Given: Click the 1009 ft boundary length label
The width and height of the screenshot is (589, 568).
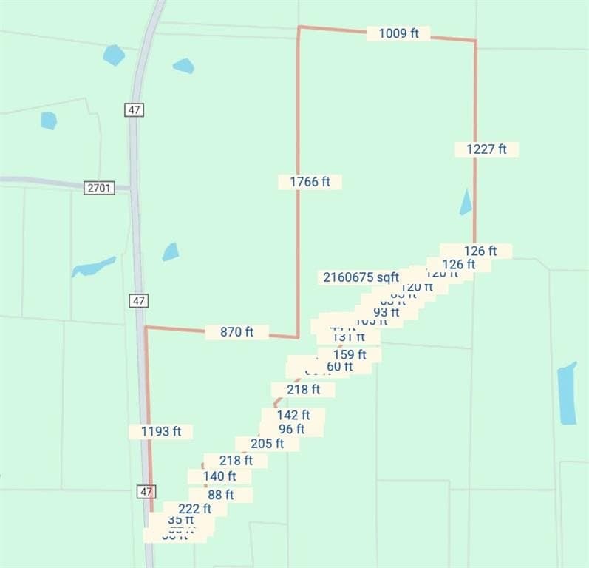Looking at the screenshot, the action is point(398,33).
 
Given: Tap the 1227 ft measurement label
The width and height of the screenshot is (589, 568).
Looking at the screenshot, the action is point(486,149).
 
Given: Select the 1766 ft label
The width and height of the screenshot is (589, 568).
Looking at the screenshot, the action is point(310,181).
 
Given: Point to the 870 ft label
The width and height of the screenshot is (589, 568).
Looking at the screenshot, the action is point(236,332).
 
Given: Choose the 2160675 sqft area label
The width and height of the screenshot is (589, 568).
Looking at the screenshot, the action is point(361,277).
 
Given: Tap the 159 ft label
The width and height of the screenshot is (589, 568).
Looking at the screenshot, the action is point(350,354).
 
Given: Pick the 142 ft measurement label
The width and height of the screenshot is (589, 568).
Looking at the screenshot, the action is point(293,415).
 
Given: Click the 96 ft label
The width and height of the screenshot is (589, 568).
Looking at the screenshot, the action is point(291,429).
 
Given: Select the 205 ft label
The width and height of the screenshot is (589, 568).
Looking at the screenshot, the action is point(267,444).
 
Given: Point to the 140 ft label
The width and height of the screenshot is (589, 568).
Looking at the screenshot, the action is point(219,476).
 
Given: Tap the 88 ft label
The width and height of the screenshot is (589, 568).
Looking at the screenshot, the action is point(220,495).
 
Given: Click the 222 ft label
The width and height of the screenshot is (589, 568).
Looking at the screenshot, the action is point(194,509).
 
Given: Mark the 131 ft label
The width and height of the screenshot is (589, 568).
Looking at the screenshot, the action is point(349,337).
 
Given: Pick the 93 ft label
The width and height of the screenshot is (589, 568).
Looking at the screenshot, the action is point(386,312).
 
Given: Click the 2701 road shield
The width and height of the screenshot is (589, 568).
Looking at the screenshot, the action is point(99,188).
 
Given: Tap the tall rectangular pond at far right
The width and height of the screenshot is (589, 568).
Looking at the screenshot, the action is point(567,393).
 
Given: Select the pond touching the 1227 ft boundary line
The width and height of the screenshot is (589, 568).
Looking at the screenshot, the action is point(466,203).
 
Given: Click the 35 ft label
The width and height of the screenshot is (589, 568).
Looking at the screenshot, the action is point(181,520).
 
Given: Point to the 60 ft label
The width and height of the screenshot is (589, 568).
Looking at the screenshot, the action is point(339,366).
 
